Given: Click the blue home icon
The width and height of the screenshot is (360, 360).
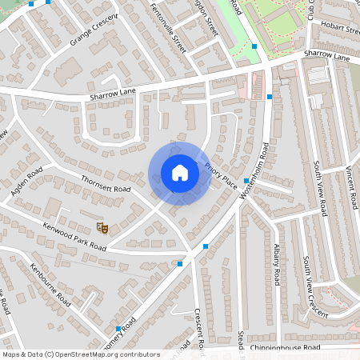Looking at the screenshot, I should (x=180, y=173).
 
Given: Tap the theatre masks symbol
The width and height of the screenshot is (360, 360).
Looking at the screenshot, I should (x=102, y=227).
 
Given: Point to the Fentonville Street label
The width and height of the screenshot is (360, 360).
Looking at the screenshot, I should (x=169, y=29).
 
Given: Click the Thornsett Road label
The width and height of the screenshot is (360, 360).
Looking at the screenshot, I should (x=106, y=186).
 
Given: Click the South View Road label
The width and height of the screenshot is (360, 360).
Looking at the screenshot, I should (x=319, y=188).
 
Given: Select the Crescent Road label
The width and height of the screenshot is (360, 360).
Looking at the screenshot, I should (x=201, y=329).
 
